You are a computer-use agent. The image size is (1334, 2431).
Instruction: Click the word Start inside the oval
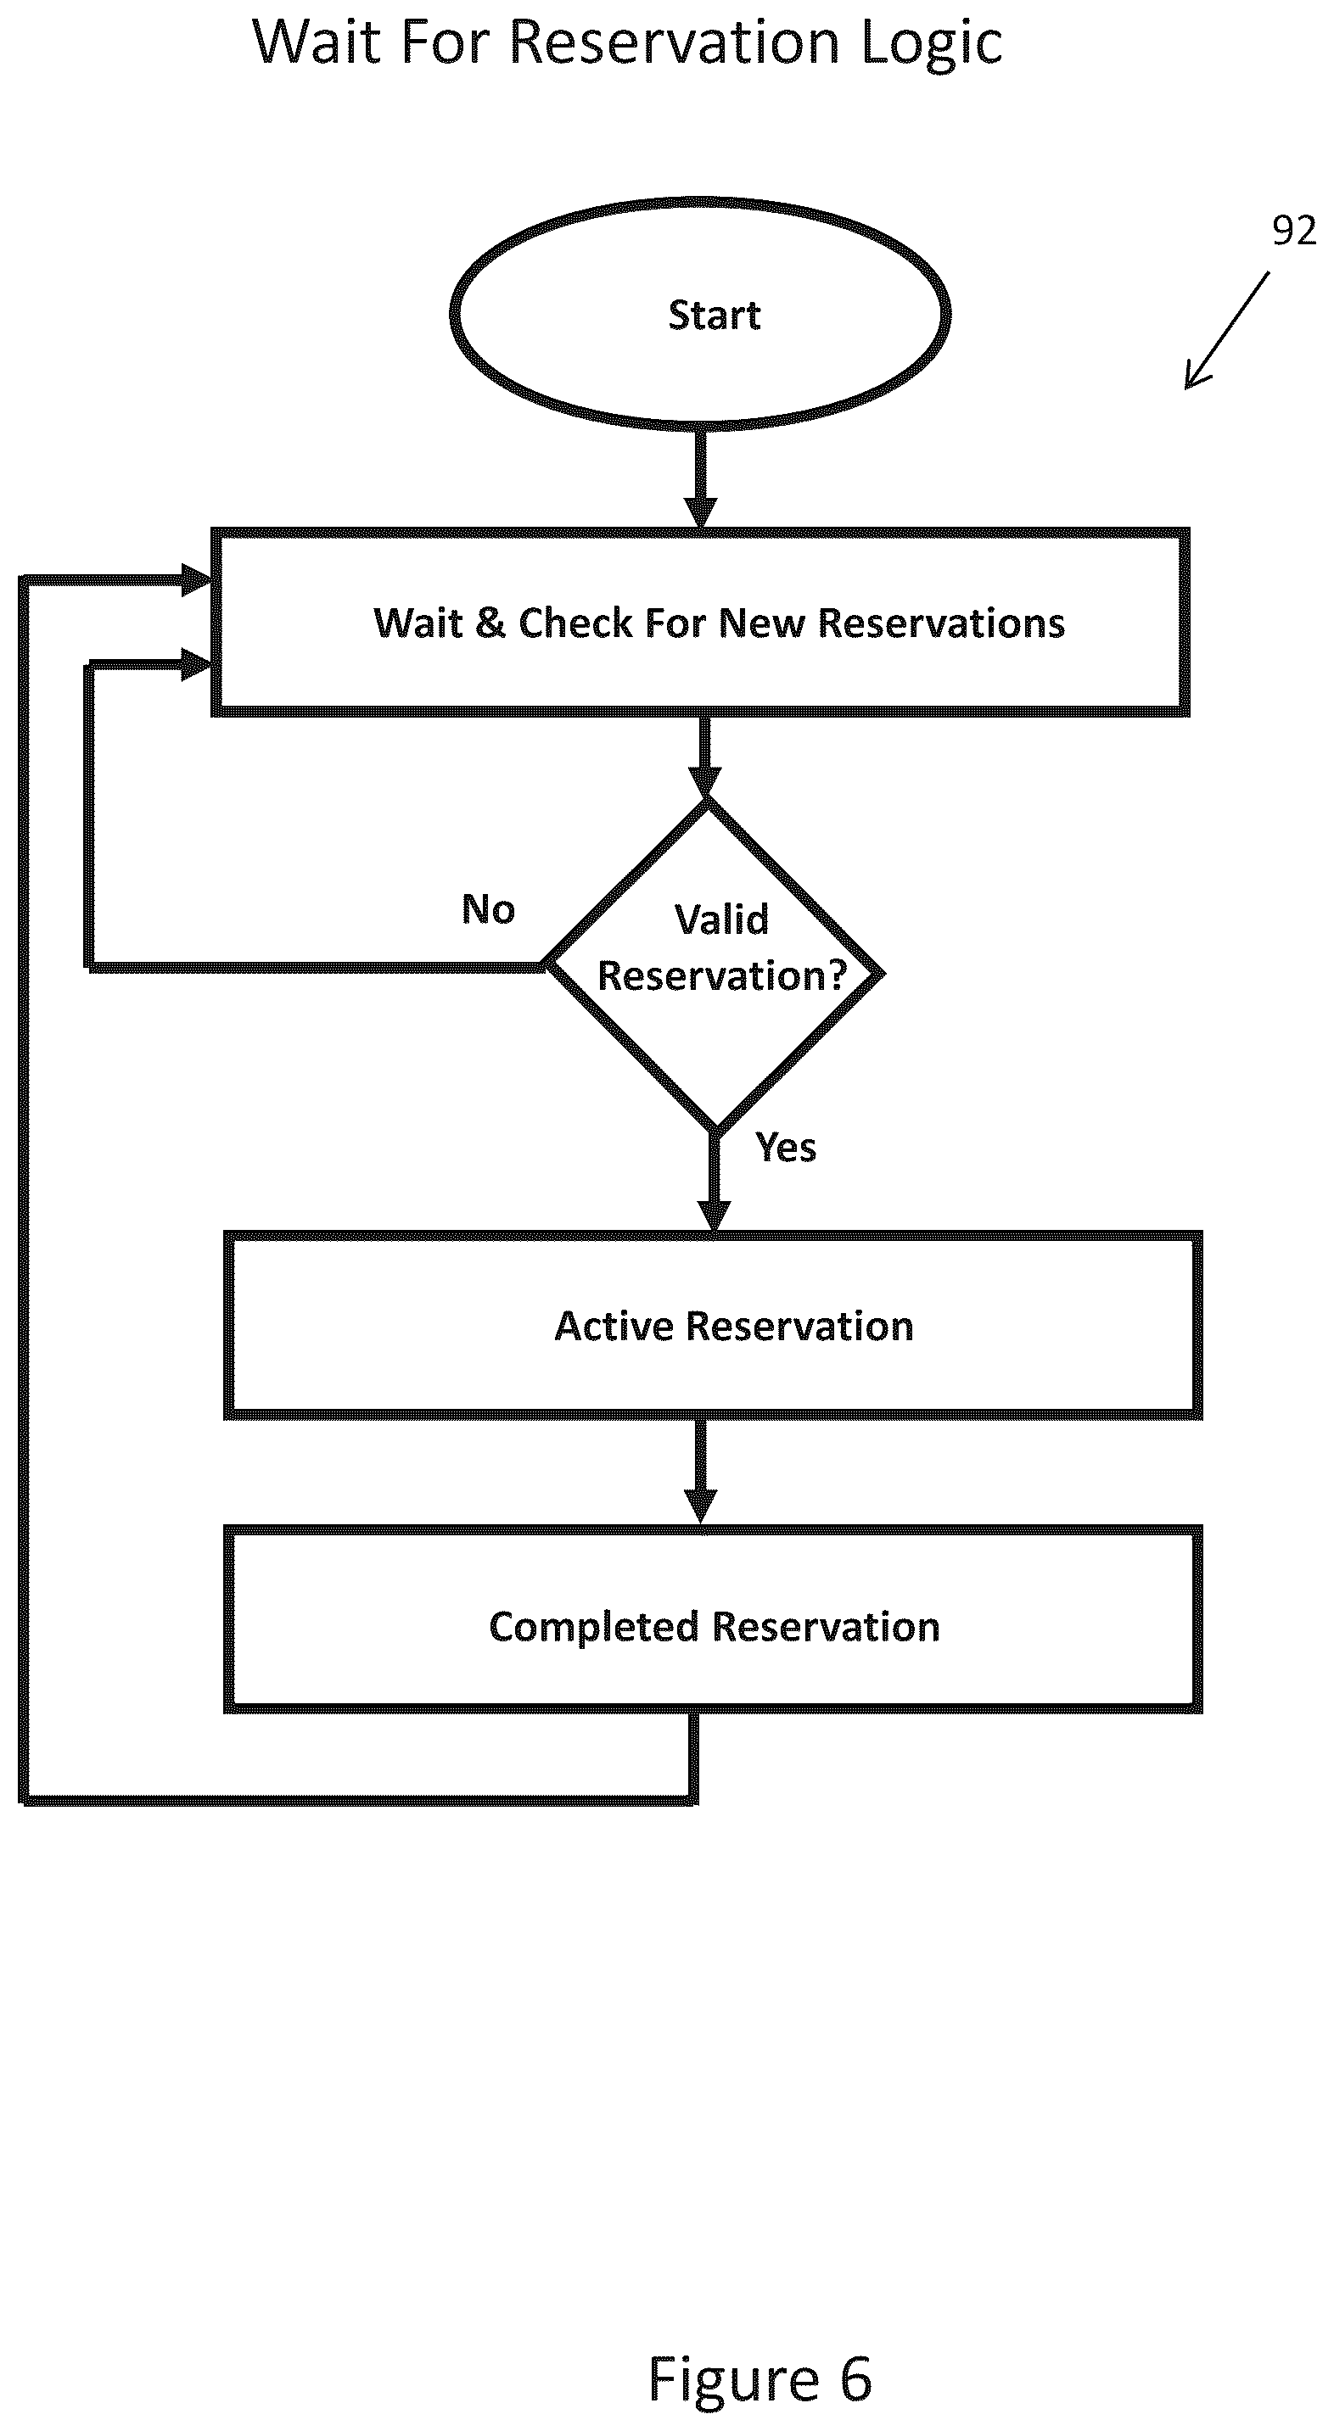pyautogui.click(x=714, y=316)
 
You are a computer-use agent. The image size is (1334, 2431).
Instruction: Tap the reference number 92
pyautogui.click(x=1293, y=230)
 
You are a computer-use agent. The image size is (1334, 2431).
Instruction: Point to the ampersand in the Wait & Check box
pyautogui.click(x=490, y=623)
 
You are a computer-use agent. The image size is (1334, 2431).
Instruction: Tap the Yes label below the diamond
pyautogui.click(x=786, y=1148)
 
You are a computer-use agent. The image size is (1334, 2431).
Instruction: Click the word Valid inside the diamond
pyautogui.click(x=721, y=919)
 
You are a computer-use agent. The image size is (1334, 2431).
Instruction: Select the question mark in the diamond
pyautogui.click(x=838, y=975)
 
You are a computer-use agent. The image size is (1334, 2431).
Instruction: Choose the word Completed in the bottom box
pyautogui.click(x=594, y=1628)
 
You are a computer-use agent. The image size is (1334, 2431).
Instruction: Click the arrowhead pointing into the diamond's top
pyautogui.click(x=705, y=782)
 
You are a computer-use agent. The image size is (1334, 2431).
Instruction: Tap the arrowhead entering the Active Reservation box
pyautogui.click(x=714, y=1216)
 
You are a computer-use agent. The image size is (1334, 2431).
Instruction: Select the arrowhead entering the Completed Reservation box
pyautogui.click(x=700, y=1507)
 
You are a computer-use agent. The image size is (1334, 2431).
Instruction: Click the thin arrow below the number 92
pyautogui.click(x=1227, y=330)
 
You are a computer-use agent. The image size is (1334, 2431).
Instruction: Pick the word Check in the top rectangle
pyautogui.click(x=575, y=623)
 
